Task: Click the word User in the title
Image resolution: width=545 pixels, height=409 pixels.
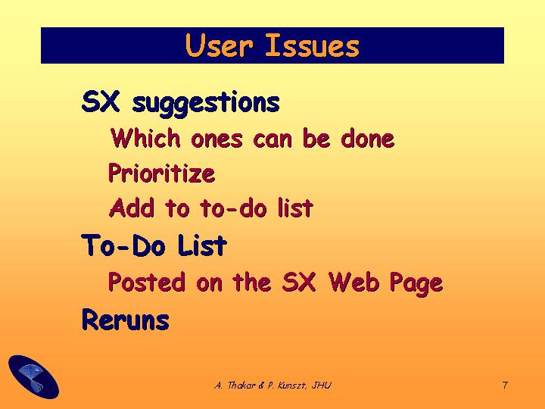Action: (x=219, y=45)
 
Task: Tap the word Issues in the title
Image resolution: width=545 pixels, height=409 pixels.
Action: (x=312, y=45)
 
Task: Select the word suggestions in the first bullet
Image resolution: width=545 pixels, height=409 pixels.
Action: (x=206, y=102)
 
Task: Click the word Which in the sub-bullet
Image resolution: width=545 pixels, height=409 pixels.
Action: (x=145, y=138)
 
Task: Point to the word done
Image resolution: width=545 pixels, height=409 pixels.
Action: (x=367, y=138)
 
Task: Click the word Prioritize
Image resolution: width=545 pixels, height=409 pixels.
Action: (x=162, y=173)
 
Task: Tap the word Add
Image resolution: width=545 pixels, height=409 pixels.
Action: (x=132, y=208)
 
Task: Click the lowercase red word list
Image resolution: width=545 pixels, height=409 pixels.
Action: (x=295, y=208)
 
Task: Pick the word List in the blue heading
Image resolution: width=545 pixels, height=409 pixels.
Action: (x=202, y=245)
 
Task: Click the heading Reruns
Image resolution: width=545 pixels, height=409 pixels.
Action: (x=126, y=320)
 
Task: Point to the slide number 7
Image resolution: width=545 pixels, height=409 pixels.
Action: (x=505, y=385)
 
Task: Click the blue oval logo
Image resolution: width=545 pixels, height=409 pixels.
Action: (x=34, y=376)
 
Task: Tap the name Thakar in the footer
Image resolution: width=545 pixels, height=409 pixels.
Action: (x=241, y=385)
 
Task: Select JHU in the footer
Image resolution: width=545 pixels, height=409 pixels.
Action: (x=322, y=385)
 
